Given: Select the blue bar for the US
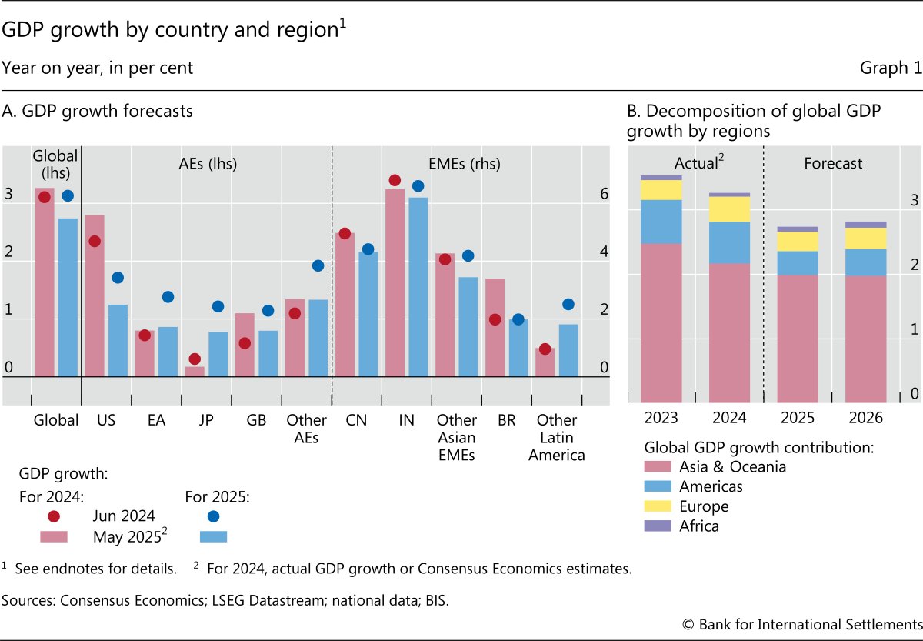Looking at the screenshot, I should [x=118, y=340].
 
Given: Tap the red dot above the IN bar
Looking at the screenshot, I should [x=395, y=180].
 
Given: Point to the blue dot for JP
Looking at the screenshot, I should [x=218, y=306].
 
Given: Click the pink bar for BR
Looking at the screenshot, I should [x=495, y=327].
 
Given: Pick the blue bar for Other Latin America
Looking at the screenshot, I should [x=568, y=350].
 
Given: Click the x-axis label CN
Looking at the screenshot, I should [x=357, y=420].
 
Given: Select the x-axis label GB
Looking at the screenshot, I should [x=257, y=420].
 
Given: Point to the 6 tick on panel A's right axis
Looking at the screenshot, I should [x=605, y=194].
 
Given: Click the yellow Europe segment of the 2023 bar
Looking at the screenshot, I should [x=661, y=190].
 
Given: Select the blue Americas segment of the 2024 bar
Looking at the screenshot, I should [x=729, y=242].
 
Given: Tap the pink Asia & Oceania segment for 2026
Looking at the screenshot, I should [x=865, y=339].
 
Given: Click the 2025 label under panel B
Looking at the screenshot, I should [x=797, y=419].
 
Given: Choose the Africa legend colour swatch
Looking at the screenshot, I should [x=658, y=527].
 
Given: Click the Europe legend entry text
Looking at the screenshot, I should [x=704, y=506].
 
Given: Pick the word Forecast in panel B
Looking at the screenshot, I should [x=833, y=163].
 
